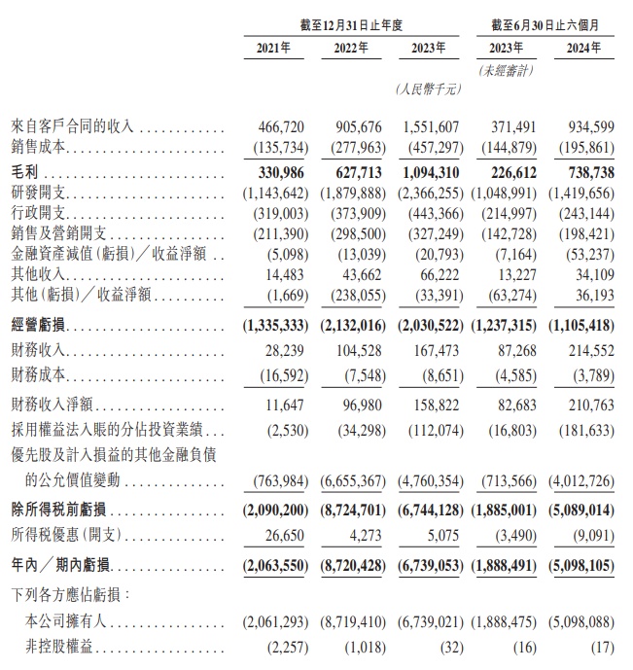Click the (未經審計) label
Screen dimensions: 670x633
(506, 71)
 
